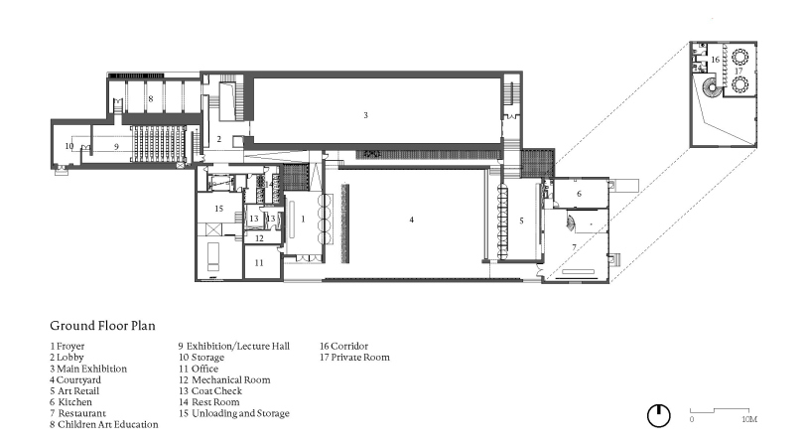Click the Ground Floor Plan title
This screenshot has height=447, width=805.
pos(102,326)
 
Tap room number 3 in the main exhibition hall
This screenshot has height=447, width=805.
pos(365,115)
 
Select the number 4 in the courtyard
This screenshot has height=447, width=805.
pos(411,220)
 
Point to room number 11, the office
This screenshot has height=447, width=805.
pos(259,262)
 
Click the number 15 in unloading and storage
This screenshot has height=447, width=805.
pos(218,208)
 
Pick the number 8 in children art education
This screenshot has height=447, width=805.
pos(151,98)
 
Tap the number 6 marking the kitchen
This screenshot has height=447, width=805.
pos(579,193)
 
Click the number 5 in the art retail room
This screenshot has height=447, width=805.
pos(521,221)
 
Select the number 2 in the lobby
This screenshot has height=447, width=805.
pos(218,139)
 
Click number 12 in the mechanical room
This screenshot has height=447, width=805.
pos(259,237)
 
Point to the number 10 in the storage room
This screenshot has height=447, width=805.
pos(69,146)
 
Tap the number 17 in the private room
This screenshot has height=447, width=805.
pos(738,71)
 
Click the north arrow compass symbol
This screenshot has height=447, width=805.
pos(659,415)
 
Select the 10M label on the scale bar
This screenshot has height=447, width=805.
pos(749,419)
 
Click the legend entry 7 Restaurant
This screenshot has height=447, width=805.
pos(78,413)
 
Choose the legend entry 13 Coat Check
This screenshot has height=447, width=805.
pos(210,391)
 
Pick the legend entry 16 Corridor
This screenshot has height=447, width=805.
pos(344,346)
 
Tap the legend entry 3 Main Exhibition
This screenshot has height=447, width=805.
pos(88,369)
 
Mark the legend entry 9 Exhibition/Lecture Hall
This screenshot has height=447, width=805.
pos(234,347)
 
